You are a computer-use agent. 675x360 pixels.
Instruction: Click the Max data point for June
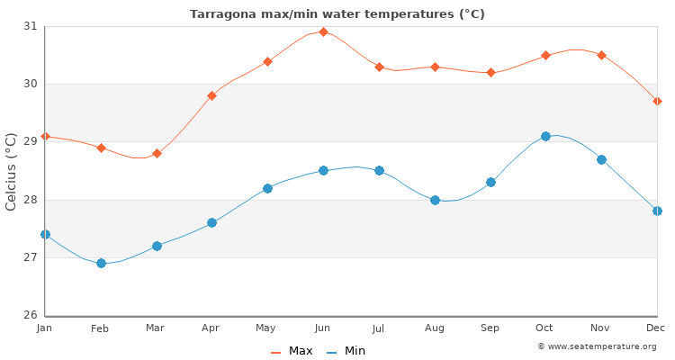pyautogui.click(x=323, y=31)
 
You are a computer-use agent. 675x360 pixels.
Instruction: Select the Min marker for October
pyautogui.click(x=545, y=136)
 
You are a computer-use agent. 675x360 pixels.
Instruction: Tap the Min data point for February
pyautogui.click(x=101, y=263)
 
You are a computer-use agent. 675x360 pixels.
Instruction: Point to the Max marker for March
pyautogui.click(x=157, y=153)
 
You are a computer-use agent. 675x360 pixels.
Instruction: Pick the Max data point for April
pyautogui.click(x=211, y=95)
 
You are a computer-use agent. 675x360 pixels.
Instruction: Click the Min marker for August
pyautogui.click(x=435, y=200)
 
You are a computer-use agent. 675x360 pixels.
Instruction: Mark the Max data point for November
pyautogui.click(x=601, y=55)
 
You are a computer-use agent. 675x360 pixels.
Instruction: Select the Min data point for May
pyautogui.click(x=267, y=188)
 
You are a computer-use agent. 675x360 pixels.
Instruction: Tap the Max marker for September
pyautogui.click(x=490, y=72)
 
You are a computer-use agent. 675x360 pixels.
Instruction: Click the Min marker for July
pyautogui.click(x=379, y=170)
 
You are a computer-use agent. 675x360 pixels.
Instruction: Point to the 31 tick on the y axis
pyautogui.click(x=31, y=26)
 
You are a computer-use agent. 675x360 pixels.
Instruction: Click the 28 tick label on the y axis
pyautogui.click(x=31, y=200)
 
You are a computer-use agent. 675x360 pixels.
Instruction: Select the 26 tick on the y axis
pyautogui.click(x=31, y=315)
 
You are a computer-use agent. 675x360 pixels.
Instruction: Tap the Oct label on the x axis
pyautogui.click(x=545, y=328)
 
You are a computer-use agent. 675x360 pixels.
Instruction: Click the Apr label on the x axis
pyautogui.click(x=211, y=328)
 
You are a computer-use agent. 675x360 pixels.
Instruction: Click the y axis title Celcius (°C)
pyautogui.click(x=12, y=171)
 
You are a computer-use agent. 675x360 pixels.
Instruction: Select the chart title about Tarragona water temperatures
pyautogui.click(x=337, y=13)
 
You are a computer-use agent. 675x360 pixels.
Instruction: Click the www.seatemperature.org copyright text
pyautogui.click(x=597, y=346)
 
